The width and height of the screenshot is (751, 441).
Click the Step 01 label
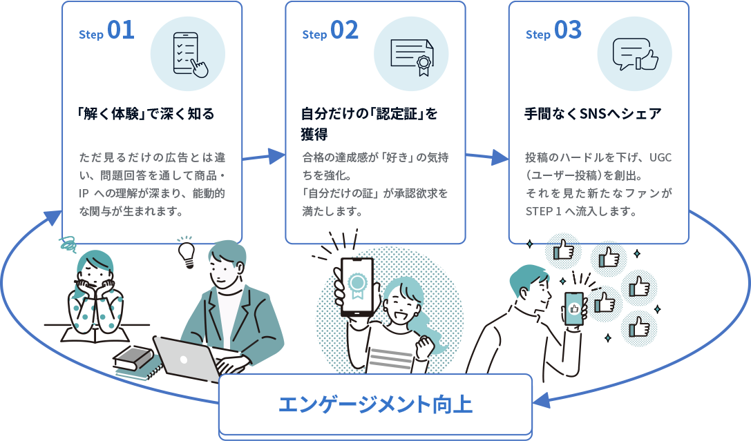coord(106,32)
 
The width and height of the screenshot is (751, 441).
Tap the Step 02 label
coord(330,32)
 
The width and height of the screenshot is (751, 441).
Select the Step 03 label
coord(553,32)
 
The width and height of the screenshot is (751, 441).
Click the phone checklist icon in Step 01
coord(188,54)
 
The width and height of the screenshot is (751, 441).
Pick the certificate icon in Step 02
coord(411,54)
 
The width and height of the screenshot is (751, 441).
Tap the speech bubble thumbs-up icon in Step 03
coord(634,54)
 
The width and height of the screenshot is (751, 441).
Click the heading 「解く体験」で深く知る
coord(146,114)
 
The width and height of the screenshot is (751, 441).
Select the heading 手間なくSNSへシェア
coord(593,114)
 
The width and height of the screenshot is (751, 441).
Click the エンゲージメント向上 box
coord(375,404)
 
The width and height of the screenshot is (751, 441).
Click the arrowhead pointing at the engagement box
coord(542,401)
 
